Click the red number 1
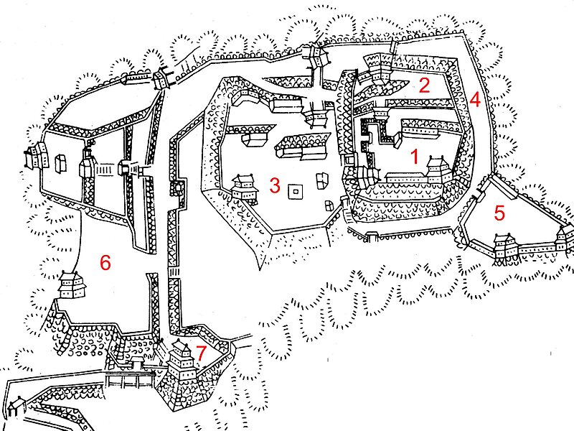415,157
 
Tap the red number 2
424,85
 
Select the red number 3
275,185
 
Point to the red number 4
475,99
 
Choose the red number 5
499,213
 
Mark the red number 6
105,263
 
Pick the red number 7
201,353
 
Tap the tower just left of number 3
244,188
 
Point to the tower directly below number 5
505,246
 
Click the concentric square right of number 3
296,191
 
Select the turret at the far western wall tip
35,156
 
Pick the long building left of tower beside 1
406,177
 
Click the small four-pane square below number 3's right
329,205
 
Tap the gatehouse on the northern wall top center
316,56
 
